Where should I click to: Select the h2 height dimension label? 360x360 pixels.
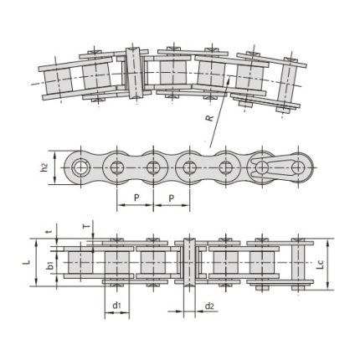coord(45,167)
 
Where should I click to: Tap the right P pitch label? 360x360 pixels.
coord(171,198)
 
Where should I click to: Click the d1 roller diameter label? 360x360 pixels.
coord(117,306)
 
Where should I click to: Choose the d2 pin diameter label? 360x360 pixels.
coord(208,306)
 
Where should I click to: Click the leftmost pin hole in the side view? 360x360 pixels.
coord(82,167)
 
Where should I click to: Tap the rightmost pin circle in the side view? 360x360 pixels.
coord(297,167)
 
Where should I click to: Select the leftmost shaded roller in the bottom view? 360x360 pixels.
coord(81,263)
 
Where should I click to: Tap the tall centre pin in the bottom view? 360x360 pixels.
coord(188,263)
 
